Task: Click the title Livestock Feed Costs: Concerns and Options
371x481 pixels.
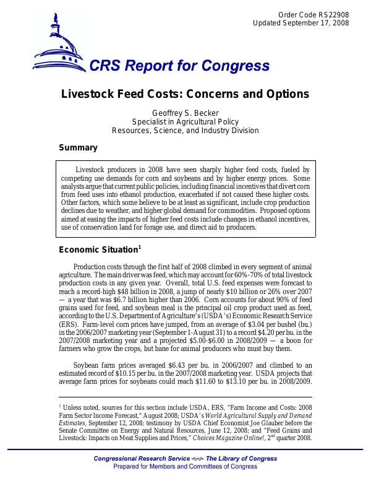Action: coord(185,95)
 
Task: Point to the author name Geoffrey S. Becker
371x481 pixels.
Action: coord(185,113)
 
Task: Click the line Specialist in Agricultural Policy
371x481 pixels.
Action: coord(185,122)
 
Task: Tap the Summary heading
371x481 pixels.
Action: coord(78,148)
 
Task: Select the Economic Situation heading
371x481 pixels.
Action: coord(98,250)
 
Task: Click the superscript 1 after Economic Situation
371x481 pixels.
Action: coord(140,247)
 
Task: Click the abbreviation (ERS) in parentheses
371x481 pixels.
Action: coord(70,332)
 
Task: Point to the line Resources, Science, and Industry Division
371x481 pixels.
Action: coord(185,131)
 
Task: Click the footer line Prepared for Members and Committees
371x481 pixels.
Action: coord(185,467)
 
